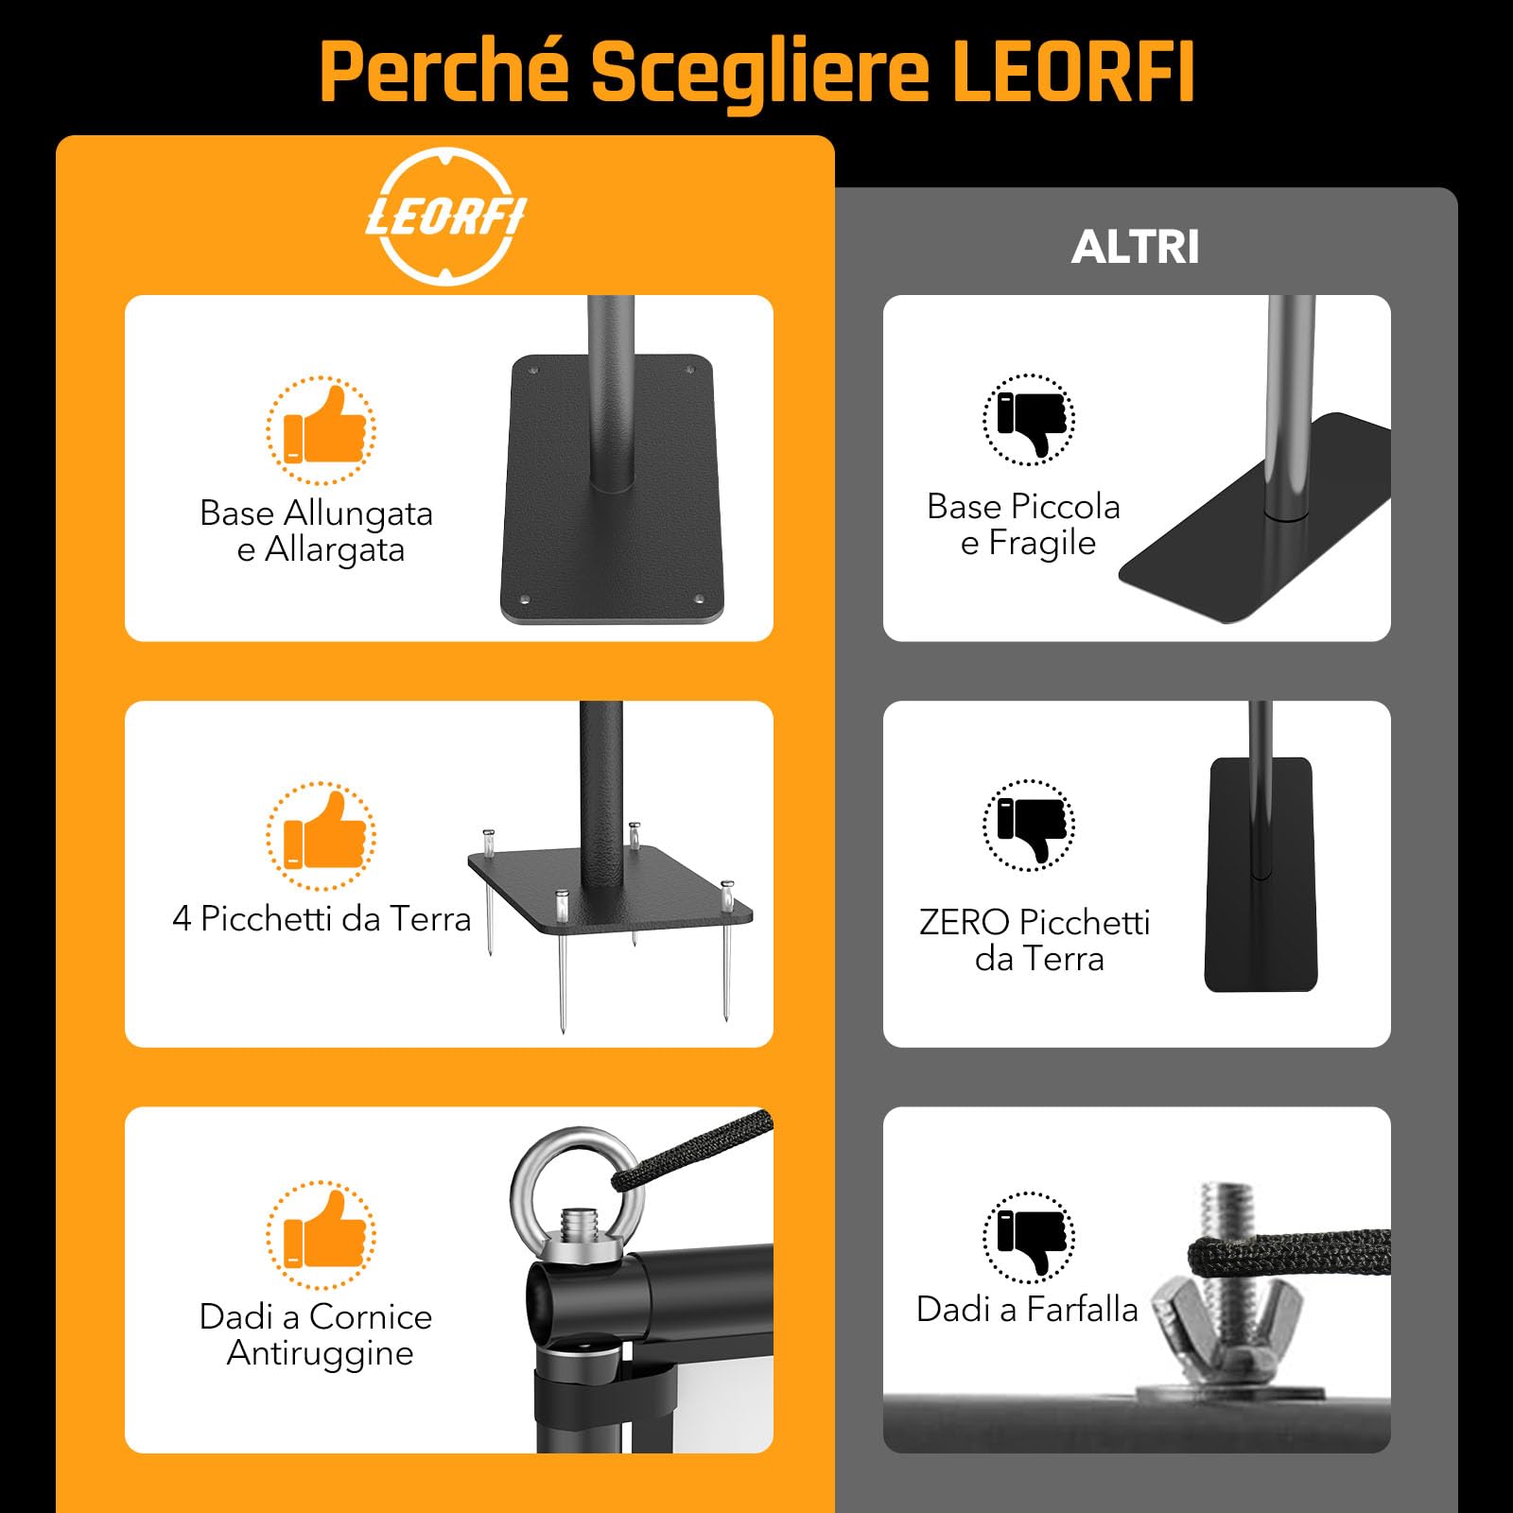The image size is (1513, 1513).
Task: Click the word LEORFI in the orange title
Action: pos(1072,72)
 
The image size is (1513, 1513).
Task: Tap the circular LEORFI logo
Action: pos(446,217)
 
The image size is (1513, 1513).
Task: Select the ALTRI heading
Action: pos(1135,248)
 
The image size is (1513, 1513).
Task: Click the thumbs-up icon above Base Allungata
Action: pos(322,430)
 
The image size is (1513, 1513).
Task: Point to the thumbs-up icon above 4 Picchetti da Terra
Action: pos(322,836)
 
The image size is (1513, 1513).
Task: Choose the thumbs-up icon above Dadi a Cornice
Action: pos(322,1235)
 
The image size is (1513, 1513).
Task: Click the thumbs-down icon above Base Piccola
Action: pos(1029,420)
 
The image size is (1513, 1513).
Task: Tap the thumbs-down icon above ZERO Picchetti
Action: pos(1029,825)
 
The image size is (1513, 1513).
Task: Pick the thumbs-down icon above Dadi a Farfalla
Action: pos(1029,1237)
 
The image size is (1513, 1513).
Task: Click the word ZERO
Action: pos(964,922)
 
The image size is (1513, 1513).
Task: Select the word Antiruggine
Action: pos(320,1353)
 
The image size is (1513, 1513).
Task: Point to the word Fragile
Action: pos(1042,544)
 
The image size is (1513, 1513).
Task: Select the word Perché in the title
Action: pos(444,72)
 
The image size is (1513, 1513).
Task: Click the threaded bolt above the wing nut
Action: pos(1226,1210)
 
